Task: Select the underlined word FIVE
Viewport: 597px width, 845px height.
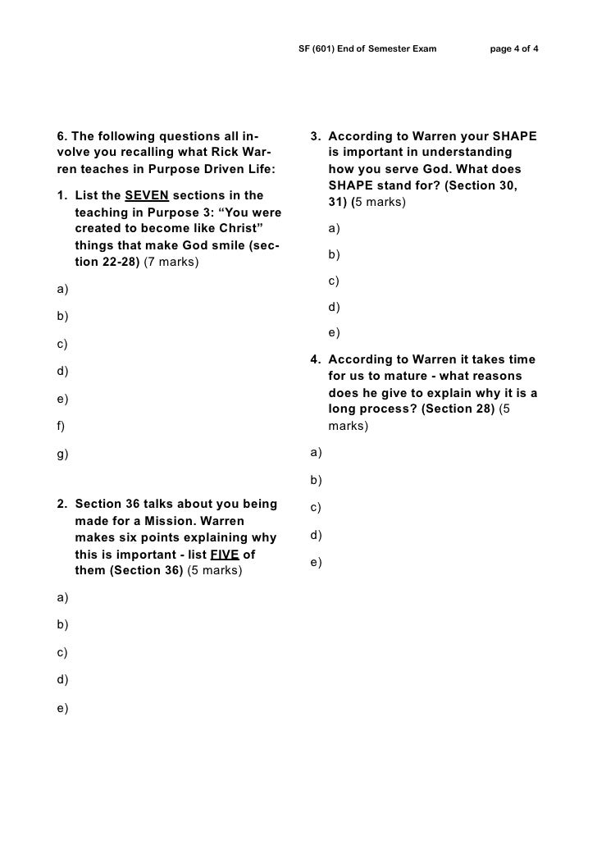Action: [225, 554]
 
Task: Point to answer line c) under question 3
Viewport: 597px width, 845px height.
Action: [334, 281]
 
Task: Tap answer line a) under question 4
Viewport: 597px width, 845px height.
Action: [316, 452]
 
